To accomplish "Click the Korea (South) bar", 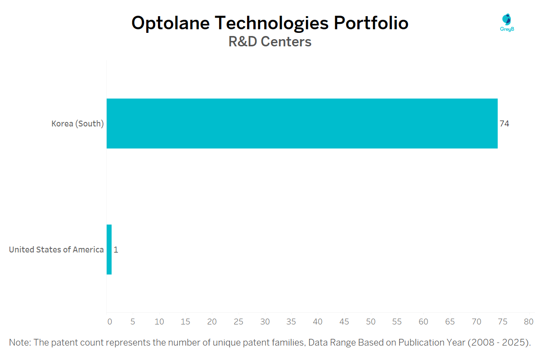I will (x=302, y=123).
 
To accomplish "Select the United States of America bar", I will (x=109, y=249).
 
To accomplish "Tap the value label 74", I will (x=504, y=123).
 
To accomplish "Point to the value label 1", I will (x=116, y=249).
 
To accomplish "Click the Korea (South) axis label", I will (x=77, y=123).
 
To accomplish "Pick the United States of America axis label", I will (x=56, y=249).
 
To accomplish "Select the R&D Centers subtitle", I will (x=270, y=42).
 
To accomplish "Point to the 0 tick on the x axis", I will (x=109, y=322).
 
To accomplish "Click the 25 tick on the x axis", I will (x=238, y=322).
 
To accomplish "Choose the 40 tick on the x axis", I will (x=318, y=322).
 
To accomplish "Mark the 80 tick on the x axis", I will (x=529, y=322).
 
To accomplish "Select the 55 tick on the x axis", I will (x=397, y=322).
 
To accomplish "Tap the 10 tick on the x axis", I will (x=159, y=322).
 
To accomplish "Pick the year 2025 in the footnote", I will (x=512, y=342).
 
